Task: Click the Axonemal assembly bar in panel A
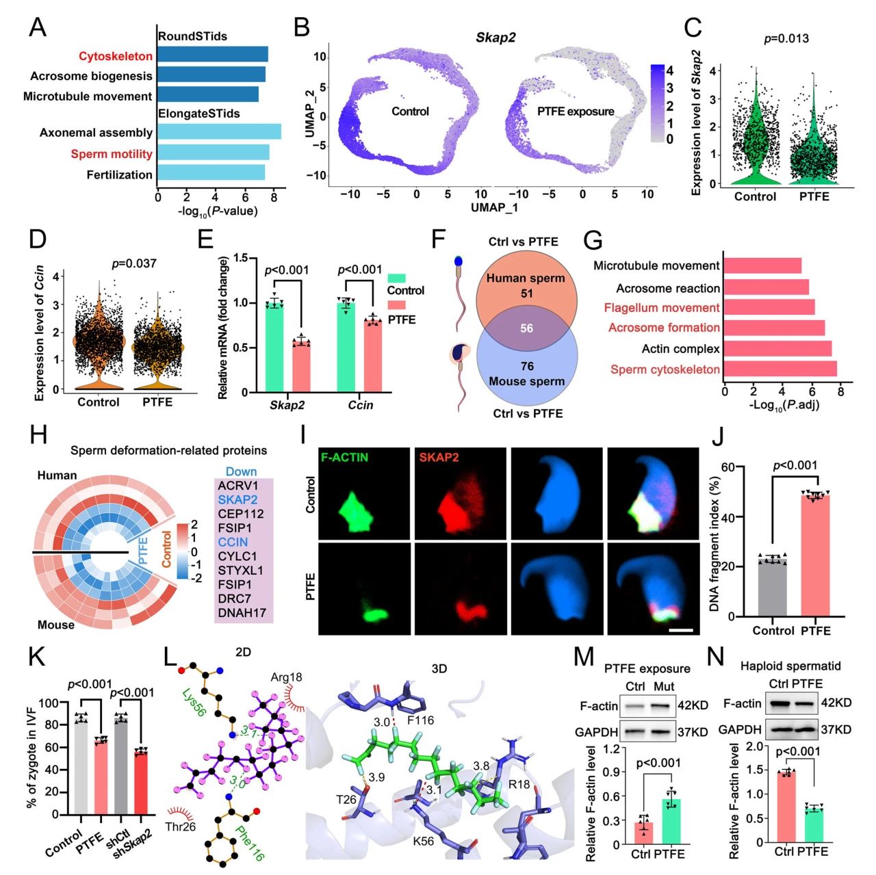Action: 219,132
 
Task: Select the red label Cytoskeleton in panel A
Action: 116,56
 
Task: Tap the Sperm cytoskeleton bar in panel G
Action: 780,369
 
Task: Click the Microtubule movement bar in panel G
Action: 762,265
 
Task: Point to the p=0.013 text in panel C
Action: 786,38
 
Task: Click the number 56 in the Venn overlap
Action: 526,328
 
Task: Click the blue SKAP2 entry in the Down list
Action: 238,499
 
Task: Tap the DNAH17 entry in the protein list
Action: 242,613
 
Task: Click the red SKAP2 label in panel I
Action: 439,457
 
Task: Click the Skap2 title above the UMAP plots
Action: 495,38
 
